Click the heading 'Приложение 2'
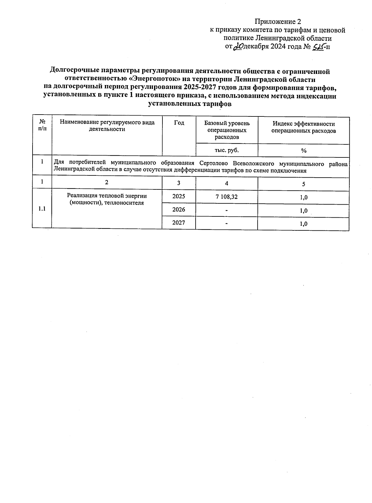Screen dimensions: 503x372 pos(277,21)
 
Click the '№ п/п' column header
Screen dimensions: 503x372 pos(42,126)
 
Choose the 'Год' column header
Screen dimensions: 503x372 pos(179,123)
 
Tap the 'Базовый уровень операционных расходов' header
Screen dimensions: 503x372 pos(227,130)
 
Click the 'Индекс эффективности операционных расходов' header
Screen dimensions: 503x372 pos(303,127)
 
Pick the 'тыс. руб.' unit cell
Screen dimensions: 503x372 pos(227,150)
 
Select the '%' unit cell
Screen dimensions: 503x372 pos(303,151)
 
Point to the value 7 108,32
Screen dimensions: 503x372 pos(227,197)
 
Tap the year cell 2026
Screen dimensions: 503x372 pos(179,210)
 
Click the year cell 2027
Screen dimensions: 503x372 pos(179,223)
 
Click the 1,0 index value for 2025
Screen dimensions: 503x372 pos(303,197)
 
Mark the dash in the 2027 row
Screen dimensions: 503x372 pos(227,223)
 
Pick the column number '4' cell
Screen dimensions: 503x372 pos(227,184)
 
